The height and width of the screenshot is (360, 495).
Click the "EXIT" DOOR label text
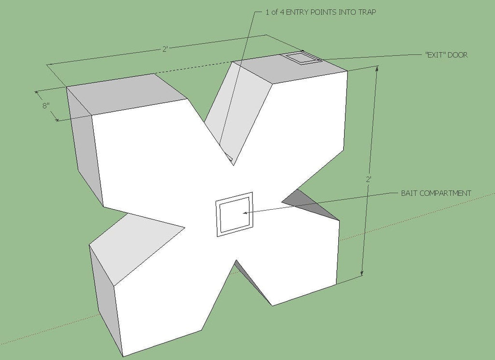pos(446,55)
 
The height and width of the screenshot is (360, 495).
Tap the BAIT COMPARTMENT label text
pos(436,193)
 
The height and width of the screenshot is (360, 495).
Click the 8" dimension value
pos(46,105)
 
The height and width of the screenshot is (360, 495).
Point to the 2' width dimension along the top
pos(165,49)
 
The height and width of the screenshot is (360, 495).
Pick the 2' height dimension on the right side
pos(368,180)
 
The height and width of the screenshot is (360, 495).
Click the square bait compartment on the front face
pos(234,214)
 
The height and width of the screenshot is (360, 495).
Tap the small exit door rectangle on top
pos(302,58)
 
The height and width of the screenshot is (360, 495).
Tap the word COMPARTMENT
pos(447,193)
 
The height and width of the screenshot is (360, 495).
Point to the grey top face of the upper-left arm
pos(126,93)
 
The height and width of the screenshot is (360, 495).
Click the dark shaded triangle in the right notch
pos(311,203)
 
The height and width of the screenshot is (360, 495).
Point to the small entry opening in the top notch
pos(230,158)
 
